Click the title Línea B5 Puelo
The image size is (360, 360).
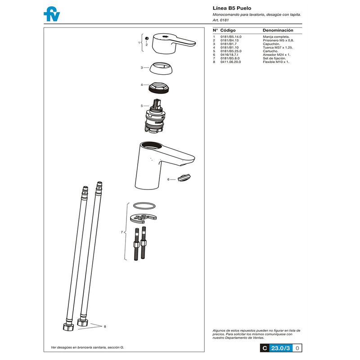tap(232, 8)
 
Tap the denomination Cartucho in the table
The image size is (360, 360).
tap(271, 51)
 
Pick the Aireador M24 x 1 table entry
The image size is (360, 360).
tap(277, 54)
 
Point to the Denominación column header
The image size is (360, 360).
tap(278, 30)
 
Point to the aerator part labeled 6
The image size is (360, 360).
tap(184, 178)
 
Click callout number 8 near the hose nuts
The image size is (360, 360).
tap(105, 326)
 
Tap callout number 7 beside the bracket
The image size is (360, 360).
tap(121, 232)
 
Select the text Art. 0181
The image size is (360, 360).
tap(220, 20)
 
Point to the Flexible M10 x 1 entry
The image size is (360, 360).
tap(276, 62)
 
